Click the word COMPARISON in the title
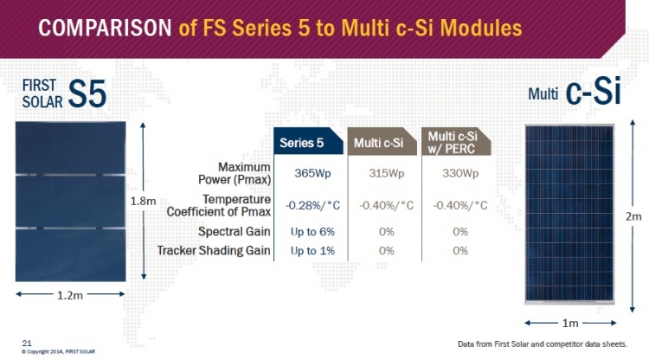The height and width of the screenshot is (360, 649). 105,28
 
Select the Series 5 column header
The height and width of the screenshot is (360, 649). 308,141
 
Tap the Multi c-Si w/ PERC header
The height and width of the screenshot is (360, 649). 456,142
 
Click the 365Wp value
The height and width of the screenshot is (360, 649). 312,173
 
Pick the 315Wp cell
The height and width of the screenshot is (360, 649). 386,173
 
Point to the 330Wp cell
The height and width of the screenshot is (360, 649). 459,173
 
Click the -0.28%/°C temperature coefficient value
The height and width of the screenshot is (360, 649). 312,205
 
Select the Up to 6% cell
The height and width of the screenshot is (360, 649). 312,232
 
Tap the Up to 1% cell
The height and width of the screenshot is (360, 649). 312,251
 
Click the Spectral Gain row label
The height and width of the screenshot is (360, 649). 235,231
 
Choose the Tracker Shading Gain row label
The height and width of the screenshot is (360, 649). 214,250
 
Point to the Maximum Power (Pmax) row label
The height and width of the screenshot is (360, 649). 235,173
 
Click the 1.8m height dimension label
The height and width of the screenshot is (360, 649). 143,201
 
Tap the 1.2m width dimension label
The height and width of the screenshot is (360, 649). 70,295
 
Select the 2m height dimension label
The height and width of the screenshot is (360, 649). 633,216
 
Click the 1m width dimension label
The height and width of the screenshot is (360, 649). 570,323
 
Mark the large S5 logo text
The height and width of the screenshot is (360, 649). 87,94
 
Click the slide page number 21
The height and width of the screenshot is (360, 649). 27,343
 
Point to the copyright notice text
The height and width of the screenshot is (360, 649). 58,351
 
